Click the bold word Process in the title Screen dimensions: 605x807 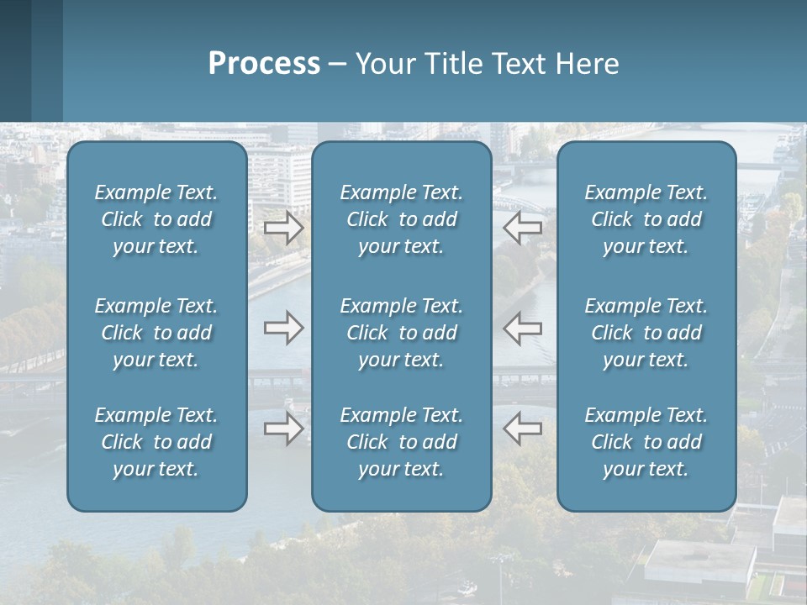tap(264, 64)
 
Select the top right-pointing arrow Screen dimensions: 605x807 tap(284, 228)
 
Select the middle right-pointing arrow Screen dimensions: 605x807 tap(284, 327)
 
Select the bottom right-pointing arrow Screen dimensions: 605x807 tap(284, 429)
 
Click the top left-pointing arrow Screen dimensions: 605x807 tap(523, 228)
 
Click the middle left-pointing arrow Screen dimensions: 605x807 tap(523, 327)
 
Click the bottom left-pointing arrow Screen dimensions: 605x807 tap(523, 429)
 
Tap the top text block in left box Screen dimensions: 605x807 tap(156, 219)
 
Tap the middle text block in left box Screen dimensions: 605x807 tap(156, 333)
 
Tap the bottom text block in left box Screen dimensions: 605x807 tap(156, 442)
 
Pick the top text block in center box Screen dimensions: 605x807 tap(401, 219)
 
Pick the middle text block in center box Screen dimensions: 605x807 tap(401, 333)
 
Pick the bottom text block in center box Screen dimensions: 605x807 tap(401, 442)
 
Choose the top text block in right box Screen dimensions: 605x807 tap(646, 219)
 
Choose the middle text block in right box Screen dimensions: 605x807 tap(646, 333)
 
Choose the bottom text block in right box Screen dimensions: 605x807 tap(646, 442)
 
